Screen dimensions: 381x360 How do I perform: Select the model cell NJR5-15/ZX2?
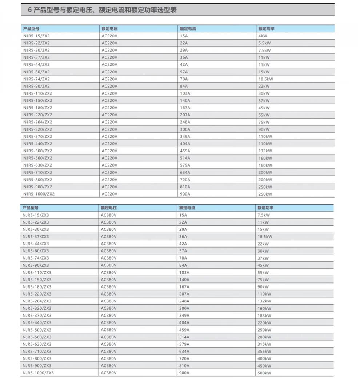[36, 36]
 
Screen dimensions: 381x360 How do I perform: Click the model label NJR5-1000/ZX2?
[39, 194]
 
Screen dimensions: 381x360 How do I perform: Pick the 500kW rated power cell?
[264, 373]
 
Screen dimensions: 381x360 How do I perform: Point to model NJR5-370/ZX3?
[37, 315]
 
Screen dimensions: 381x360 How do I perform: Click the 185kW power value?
[264, 315]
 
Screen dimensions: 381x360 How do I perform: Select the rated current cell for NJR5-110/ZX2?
[185, 93]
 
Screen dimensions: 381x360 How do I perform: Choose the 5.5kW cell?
[264, 43]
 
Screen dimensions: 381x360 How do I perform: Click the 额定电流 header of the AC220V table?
[188, 28]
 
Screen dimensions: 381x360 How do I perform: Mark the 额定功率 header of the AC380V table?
[265, 208]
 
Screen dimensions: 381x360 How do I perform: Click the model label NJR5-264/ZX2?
[37, 122]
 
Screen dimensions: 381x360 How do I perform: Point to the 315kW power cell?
[264, 344]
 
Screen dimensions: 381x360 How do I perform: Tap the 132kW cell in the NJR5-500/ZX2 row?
[265, 151]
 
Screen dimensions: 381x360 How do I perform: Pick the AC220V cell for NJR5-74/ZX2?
[109, 79]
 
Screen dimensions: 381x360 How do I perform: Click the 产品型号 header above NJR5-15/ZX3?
[30, 208]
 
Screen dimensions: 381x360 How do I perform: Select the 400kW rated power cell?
[264, 358]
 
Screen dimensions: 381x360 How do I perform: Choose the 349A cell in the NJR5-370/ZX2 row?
[185, 136]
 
